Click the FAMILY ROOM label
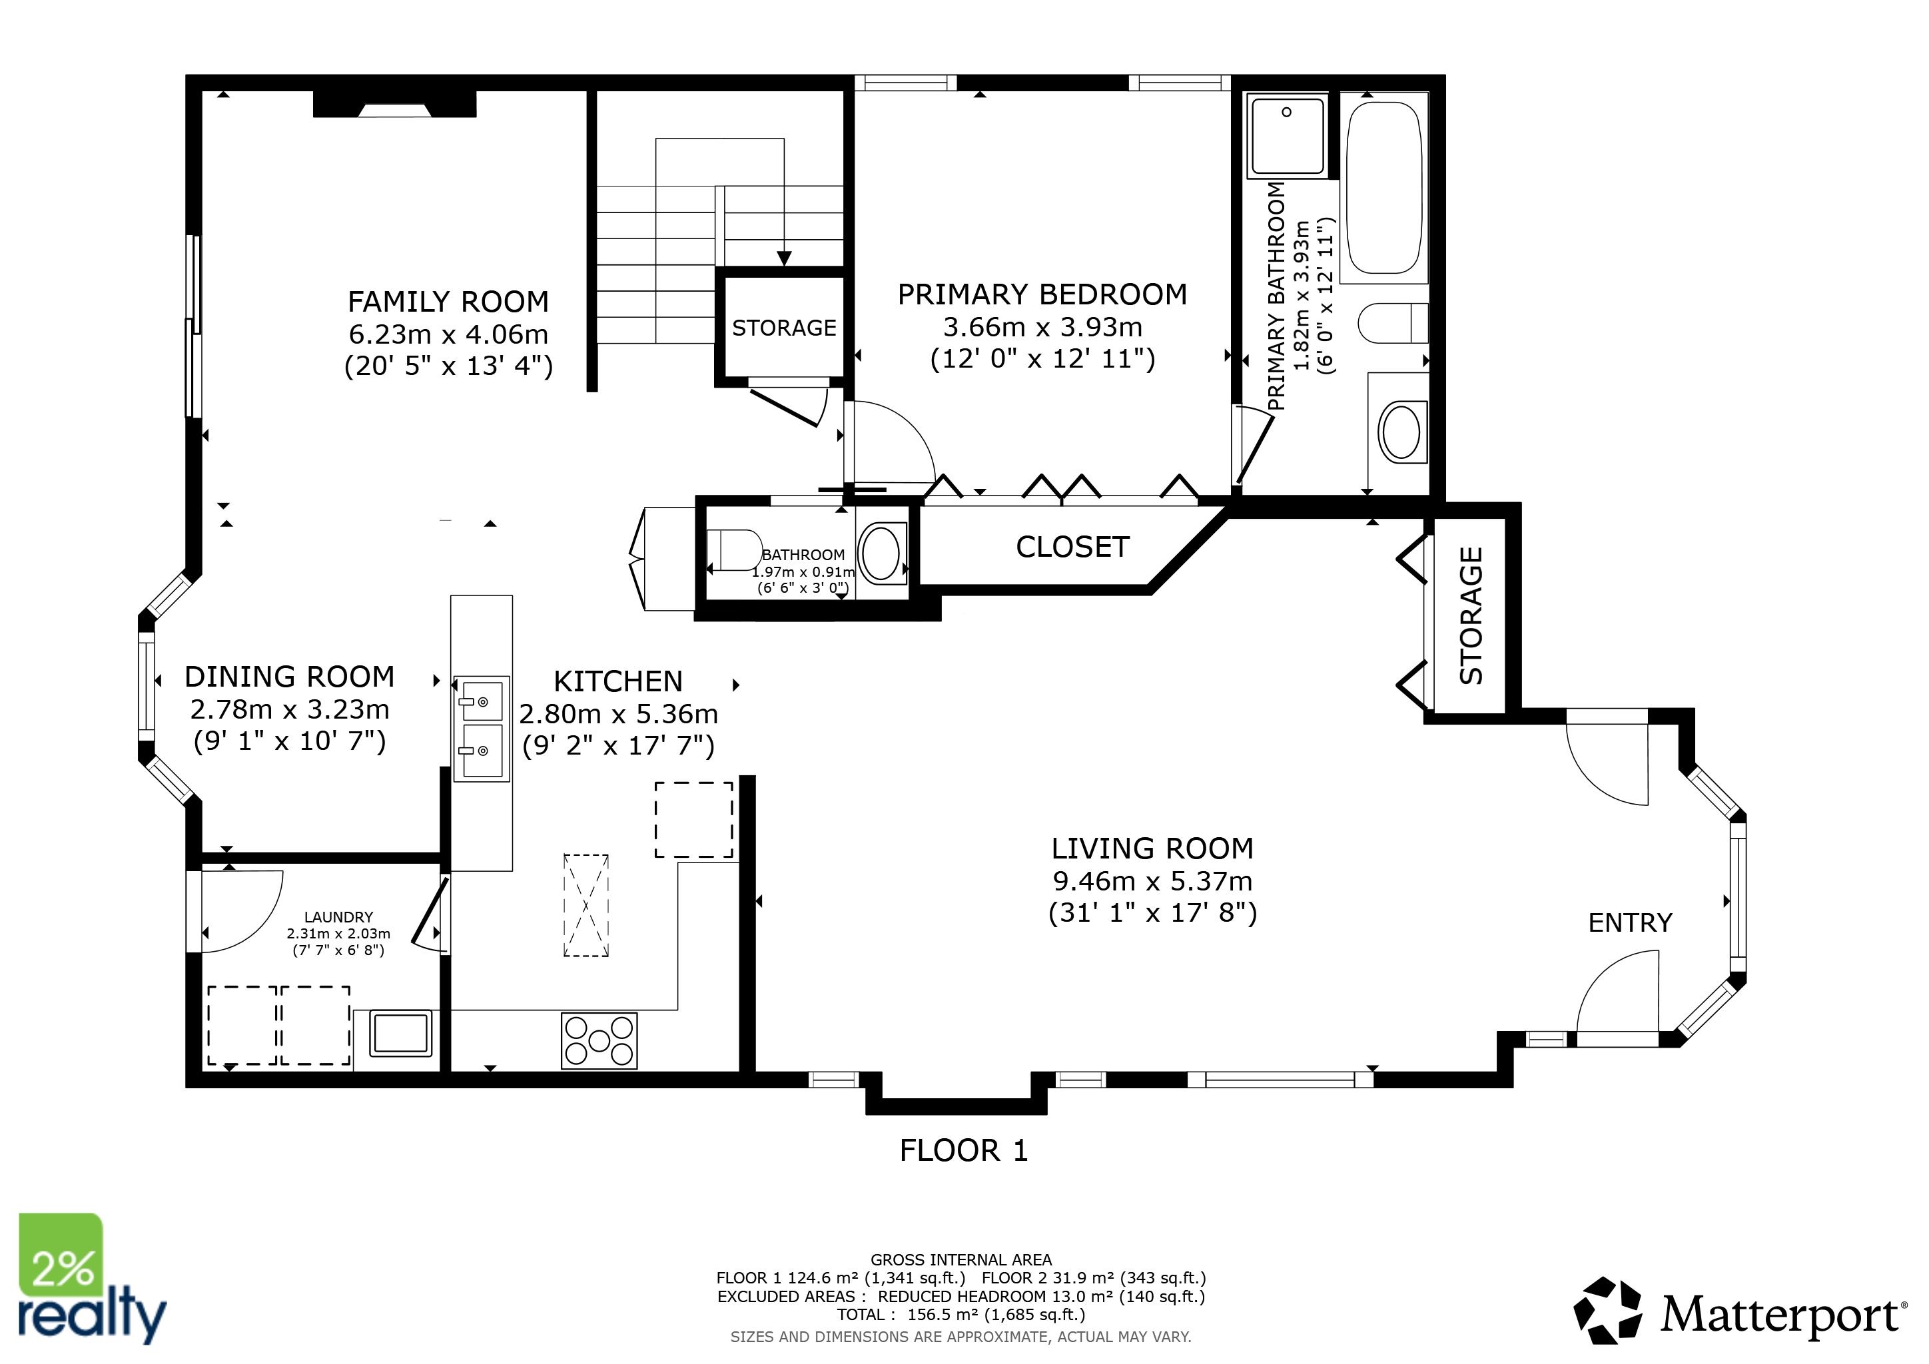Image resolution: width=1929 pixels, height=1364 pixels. tap(448, 302)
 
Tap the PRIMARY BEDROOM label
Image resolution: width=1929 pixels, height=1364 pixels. tap(1042, 295)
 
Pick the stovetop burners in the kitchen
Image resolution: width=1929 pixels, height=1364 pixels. tap(599, 1040)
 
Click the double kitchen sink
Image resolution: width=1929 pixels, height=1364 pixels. tap(482, 728)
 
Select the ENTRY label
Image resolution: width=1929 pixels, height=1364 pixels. tap(1630, 923)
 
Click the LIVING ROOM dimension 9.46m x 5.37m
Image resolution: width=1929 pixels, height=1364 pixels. tap(1153, 881)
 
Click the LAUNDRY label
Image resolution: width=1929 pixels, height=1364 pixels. tap(338, 917)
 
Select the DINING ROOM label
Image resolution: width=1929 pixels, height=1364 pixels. tap(289, 677)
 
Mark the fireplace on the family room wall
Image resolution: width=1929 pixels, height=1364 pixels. tap(395, 103)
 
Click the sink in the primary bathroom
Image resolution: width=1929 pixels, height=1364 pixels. tap(1401, 432)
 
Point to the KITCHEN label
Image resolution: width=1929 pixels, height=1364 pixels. tap(618, 681)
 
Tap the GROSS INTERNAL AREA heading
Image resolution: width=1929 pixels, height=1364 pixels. tap(961, 1260)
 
